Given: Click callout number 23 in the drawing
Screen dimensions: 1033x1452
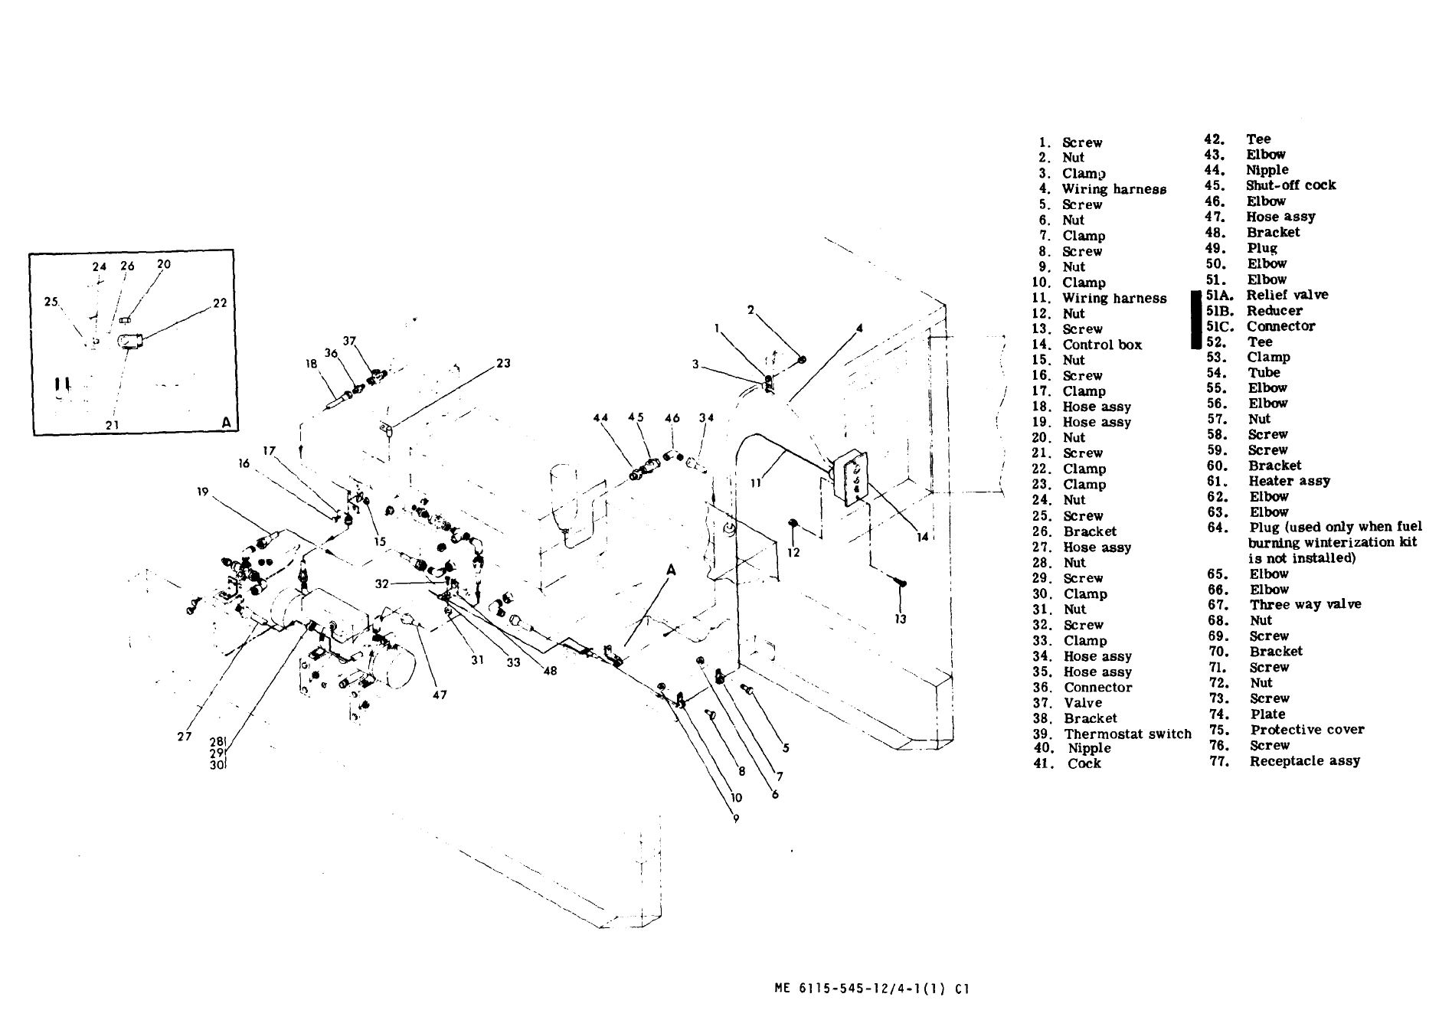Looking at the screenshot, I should (x=503, y=363).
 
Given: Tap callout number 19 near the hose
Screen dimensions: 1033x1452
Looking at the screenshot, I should (x=202, y=492).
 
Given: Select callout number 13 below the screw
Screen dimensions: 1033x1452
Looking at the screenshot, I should (x=901, y=619).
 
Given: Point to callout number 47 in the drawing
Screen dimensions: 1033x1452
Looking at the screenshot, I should (x=440, y=695).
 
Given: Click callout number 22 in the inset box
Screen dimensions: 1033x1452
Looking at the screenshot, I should (x=220, y=302).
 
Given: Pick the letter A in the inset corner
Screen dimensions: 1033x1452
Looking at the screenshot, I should (x=225, y=422).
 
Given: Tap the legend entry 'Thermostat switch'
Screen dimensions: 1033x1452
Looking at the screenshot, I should (x=1127, y=734).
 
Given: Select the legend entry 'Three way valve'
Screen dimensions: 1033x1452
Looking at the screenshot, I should (x=1305, y=604).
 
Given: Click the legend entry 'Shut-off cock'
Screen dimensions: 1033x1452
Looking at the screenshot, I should (x=1290, y=185).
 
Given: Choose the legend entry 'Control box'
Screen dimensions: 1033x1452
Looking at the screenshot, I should (x=1101, y=345).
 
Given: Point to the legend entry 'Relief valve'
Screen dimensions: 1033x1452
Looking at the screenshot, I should (x=1287, y=295).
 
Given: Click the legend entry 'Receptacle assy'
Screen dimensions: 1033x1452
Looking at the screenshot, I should (x=1304, y=760).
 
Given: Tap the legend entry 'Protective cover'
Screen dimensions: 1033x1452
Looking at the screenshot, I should (x=1306, y=729).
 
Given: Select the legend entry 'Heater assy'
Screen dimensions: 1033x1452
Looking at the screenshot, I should (x=1289, y=481).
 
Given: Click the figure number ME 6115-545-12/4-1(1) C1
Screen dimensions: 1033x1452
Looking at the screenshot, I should (x=872, y=989).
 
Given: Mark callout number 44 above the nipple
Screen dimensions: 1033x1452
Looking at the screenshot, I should (x=600, y=418).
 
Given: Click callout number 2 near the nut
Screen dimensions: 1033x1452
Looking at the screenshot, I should (x=751, y=310).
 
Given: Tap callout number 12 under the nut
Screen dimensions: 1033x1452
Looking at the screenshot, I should (x=793, y=551).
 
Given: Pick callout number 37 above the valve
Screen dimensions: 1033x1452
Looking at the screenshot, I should (x=349, y=341).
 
